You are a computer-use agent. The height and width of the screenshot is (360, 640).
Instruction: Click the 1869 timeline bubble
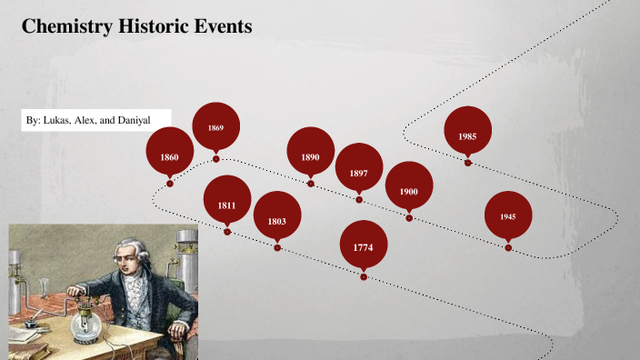(x=215, y=127)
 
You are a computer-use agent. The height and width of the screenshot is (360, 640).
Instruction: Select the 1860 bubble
(x=170, y=157)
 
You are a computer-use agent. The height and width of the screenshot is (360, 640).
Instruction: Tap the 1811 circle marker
(x=226, y=205)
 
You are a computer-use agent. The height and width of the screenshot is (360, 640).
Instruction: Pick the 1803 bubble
(x=277, y=221)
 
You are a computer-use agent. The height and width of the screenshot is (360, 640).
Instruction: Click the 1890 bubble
(x=310, y=157)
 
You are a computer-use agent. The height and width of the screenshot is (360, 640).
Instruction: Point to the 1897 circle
(x=358, y=173)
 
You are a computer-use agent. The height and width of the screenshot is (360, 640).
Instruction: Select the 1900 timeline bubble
(x=408, y=192)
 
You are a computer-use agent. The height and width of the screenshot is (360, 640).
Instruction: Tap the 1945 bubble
(x=508, y=216)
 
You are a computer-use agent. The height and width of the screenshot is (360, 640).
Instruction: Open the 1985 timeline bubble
(x=467, y=135)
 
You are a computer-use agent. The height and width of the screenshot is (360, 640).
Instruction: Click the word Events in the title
(x=219, y=26)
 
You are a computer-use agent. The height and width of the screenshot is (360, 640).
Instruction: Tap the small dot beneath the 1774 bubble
(x=364, y=277)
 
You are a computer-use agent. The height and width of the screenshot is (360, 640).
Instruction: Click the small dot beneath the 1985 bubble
(x=467, y=163)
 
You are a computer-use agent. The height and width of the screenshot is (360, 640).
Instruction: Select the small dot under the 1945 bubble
(x=508, y=247)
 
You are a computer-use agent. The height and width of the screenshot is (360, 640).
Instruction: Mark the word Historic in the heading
(x=151, y=26)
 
